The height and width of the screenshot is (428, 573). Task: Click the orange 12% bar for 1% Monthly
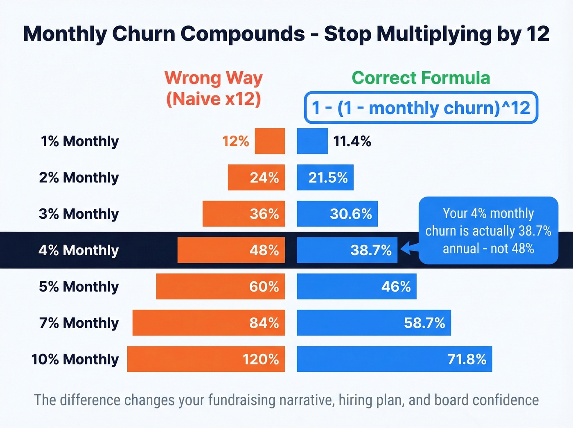pos(270,141)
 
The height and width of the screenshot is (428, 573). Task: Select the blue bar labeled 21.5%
pos(325,177)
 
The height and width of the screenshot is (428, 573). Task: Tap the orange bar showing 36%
pos(244,214)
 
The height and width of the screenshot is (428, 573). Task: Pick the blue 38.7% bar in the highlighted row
pos(347,250)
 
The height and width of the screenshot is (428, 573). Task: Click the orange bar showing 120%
pos(206,359)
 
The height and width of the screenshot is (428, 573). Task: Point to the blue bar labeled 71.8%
pos(394,359)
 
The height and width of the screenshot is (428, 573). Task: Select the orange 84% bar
pos(208,323)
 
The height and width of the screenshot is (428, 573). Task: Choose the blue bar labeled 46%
pos(356,286)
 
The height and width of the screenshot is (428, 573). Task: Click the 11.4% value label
pos(352,141)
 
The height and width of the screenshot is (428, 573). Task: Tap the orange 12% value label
pos(235,141)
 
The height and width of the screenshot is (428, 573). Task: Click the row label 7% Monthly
pos(79,323)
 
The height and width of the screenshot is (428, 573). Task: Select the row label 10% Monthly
pos(75,359)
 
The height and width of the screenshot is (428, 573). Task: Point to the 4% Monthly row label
pos(79,250)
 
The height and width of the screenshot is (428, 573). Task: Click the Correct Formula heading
pos(421,78)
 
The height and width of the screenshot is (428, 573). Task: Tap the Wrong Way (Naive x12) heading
pos(213,88)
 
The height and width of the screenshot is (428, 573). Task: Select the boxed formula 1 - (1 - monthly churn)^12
pos(421,108)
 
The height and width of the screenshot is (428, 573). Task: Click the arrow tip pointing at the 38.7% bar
pos(402,249)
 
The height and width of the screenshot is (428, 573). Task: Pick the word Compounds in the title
pos(243,34)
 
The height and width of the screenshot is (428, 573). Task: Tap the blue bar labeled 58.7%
pos(374,323)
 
